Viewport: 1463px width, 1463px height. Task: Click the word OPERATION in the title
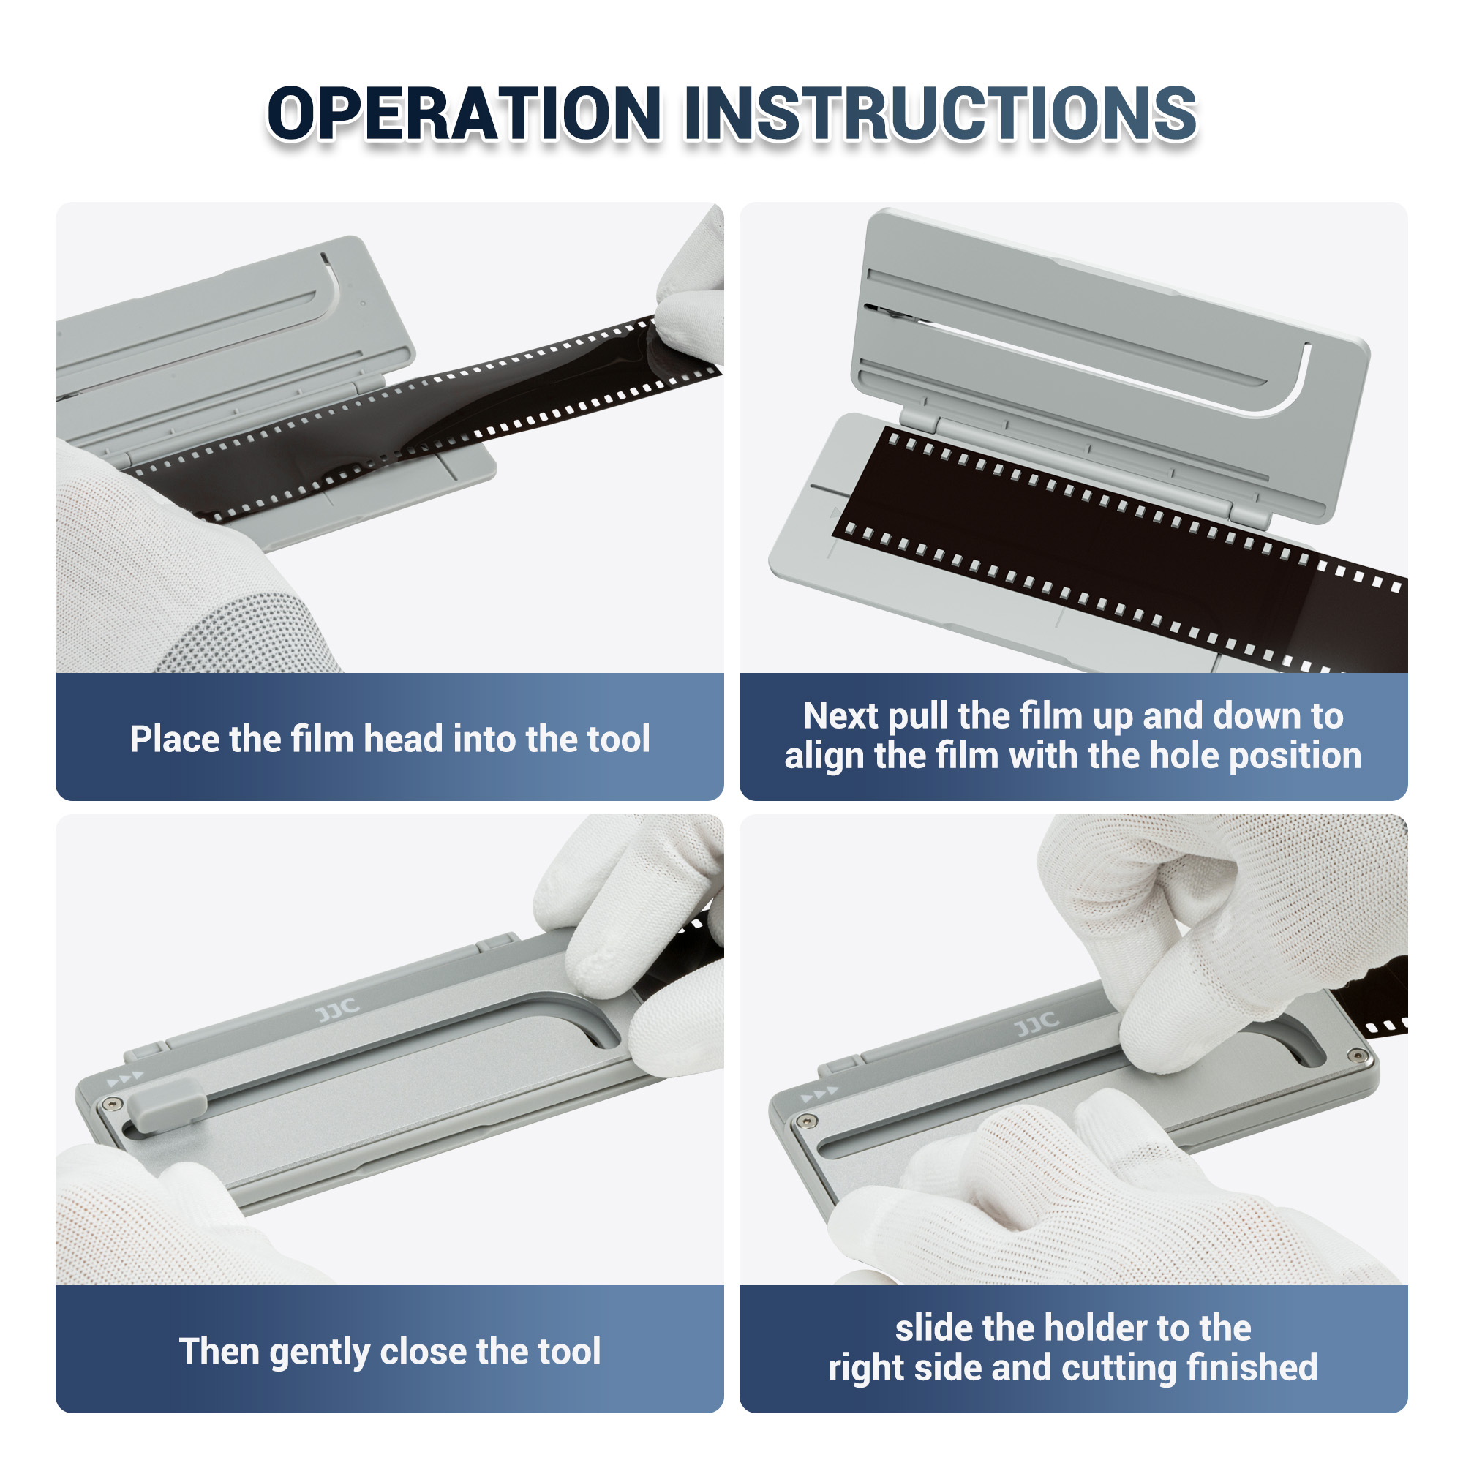tap(464, 113)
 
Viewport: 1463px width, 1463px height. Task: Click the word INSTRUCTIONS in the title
tap(940, 113)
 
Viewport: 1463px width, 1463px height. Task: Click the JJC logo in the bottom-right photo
tap(1036, 1024)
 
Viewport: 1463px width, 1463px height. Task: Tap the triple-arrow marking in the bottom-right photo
tap(819, 1094)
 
